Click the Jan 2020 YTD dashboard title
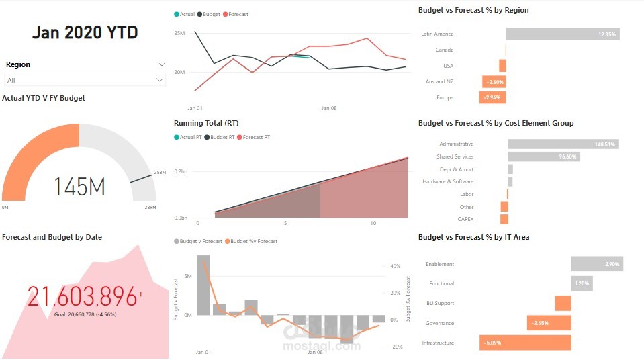click(85, 32)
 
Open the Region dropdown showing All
click(85, 80)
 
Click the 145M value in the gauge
click(79, 186)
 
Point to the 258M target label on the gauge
click(160, 173)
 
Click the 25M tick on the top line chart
click(179, 33)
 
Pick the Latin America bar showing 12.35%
click(562, 34)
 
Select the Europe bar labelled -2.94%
click(492, 97)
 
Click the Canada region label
click(444, 50)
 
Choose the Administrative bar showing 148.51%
click(563, 144)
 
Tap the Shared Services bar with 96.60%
click(543, 156)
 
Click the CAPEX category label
click(465, 219)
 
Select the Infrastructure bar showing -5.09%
click(525, 343)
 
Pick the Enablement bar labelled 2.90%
click(596, 264)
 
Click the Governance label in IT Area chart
click(439, 323)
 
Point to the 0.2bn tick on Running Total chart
click(180, 172)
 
